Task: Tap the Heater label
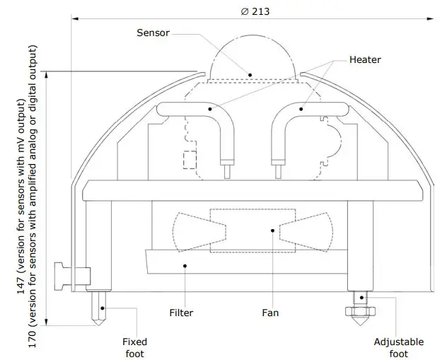tap(365, 59)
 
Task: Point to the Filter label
tap(181, 313)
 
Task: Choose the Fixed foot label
tap(134, 347)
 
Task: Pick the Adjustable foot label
tap(399, 347)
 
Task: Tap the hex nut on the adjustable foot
tap(359, 311)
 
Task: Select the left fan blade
tap(198, 231)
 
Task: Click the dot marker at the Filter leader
tap(185, 265)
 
